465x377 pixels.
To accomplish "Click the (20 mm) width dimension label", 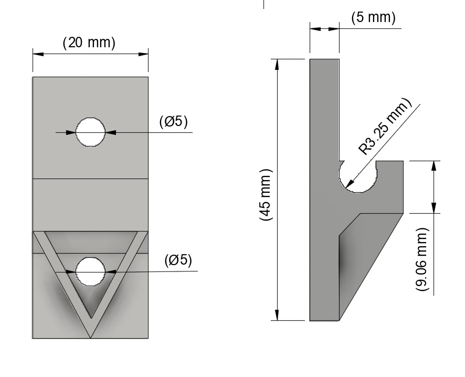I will (x=89, y=43).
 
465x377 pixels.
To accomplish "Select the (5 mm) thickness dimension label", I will (x=373, y=17).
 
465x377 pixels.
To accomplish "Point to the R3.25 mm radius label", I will (x=385, y=127).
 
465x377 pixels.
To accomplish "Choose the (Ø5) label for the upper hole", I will (x=173, y=121).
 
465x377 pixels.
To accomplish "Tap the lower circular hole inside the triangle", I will (x=90, y=271).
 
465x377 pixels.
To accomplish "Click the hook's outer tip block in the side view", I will (x=390, y=186).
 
